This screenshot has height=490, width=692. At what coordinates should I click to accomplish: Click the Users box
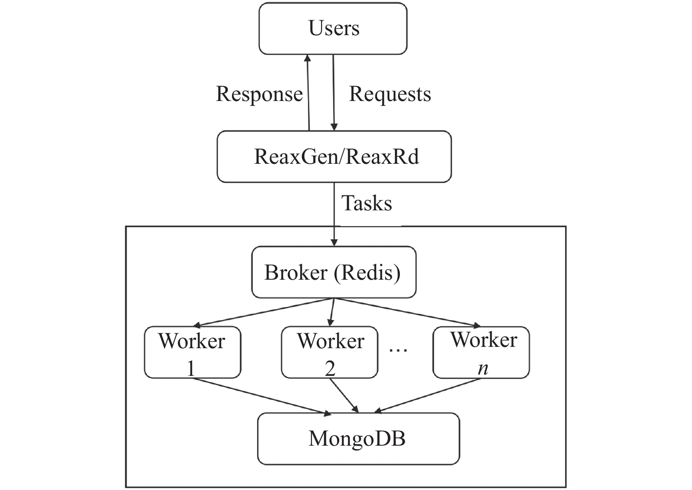click(x=333, y=29)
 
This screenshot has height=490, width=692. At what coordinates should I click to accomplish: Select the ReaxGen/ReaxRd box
click(x=334, y=157)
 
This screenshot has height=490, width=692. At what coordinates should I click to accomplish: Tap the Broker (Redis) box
click(x=334, y=272)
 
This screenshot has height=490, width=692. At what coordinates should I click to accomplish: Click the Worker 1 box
click(x=192, y=352)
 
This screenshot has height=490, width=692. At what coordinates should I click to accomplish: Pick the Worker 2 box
click(x=330, y=352)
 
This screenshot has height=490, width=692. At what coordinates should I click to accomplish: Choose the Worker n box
click(x=481, y=352)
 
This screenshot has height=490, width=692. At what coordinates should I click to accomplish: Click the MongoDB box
click(x=359, y=439)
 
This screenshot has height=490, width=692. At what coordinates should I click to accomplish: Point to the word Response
click(x=259, y=94)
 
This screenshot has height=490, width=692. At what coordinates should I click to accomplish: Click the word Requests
click(x=390, y=94)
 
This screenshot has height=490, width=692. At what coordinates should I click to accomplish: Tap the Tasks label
click(x=367, y=203)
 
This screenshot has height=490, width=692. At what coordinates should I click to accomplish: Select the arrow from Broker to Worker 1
click(x=263, y=312)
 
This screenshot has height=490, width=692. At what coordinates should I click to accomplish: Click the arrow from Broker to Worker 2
click(x=332, y=312)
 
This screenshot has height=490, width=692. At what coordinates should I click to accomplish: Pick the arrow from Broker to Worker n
click(x=407, y=312)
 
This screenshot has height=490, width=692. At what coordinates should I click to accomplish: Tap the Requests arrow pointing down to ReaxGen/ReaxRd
click(x=333, y=93)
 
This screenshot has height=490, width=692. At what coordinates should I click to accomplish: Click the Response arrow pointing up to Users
click(x=308, y=93)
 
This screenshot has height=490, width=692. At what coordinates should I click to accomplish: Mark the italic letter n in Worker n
click(x=483, y=369)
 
